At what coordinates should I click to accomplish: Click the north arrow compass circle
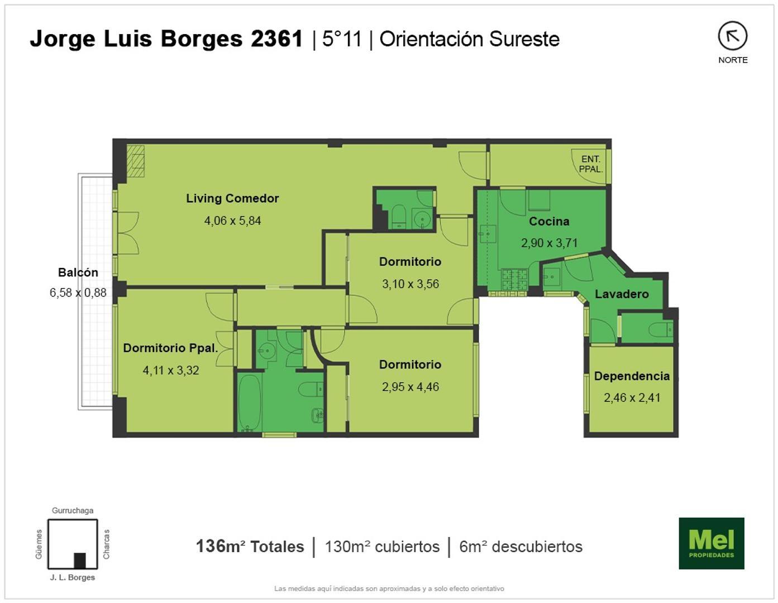tap(732, 36)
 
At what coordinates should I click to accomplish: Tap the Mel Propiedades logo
tap(711, 543)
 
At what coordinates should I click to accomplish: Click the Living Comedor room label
tap(232, 198)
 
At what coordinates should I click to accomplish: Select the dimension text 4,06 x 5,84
tap(232, 221)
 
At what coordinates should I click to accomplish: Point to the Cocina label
tap(549, 221)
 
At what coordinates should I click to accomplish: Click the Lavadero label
tap(622, 294)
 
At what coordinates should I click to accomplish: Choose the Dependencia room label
tap(632, 376)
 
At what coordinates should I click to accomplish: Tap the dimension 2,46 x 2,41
tap(632, 398)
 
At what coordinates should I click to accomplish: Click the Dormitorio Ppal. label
tap(170, 348)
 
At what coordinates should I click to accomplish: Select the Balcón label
tap(78, 272)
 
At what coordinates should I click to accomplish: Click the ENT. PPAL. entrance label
tap(590, 164)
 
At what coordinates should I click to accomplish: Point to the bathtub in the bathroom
tap(249, 401)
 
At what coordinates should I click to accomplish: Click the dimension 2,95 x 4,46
tap(411, 386)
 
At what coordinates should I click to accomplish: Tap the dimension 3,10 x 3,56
tap(411, 284)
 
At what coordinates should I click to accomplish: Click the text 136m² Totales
tap(250, 546)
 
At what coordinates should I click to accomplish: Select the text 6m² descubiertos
tap(521, 546)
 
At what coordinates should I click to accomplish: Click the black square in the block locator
tap(80, 559)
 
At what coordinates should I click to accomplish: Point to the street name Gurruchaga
tap(73, 510)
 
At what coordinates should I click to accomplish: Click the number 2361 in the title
tap(276, 39)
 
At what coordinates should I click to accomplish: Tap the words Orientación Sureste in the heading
tap(469, 39)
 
